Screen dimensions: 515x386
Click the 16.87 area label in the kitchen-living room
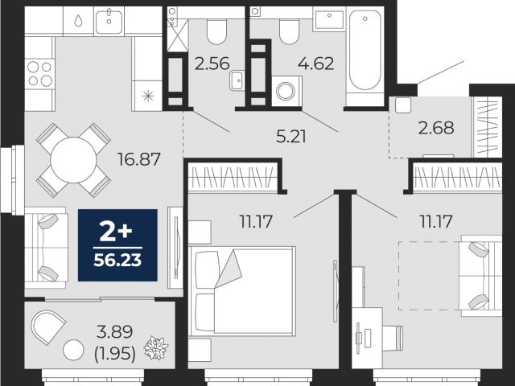click(x=139, y=159)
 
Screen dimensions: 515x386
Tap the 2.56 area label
click(x=212, y=64)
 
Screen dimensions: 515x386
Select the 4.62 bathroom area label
click(x=316, y=64)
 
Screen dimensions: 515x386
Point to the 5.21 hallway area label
click(x=291, y=137)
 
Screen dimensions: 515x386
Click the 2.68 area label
click(x=436, y=128)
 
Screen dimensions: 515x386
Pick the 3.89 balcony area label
click(x=115, y=332)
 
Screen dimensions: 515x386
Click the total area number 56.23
click(x=117, y=261)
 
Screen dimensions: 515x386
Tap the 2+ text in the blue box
click(x=116, y=232)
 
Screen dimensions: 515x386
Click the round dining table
click(x=73, y=160)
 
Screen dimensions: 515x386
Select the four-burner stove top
click(x=39, y=74)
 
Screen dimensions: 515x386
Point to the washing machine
click(x=286, y=91)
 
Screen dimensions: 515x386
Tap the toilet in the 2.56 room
click(x=216, y=31)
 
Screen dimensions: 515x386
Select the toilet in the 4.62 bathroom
click(x=289, y=31)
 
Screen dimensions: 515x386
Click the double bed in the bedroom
click(x=243, y=291)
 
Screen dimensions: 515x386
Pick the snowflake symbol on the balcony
click(x=156, y=347)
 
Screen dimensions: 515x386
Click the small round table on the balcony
click(x=73, y=351)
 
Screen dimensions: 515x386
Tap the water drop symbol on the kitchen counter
click(x=78, y=21)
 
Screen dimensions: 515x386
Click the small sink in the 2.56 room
click(x=237, y=80)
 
